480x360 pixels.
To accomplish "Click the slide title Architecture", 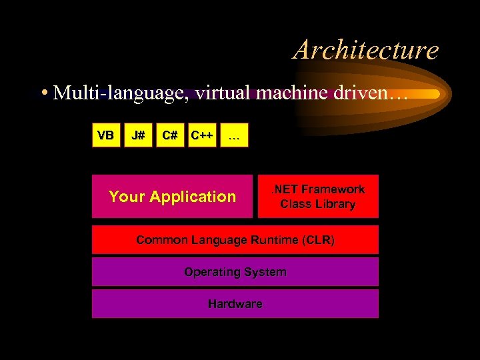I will pyautogui.click(x=366, y=50).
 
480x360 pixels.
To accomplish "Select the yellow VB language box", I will pyautogui.click(x=105, y=135).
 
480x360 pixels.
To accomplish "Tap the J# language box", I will pyautogui.click(x=138, y=135).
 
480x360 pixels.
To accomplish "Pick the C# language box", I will pyautogui.click(x=170, y=135).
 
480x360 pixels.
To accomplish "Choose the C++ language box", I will pyautogui.click(x=202, y=135).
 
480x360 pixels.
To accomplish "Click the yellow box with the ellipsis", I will pyautogui.click(x=234, y=135).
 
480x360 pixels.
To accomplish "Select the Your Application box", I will pyautogui.click(x=172, y=197).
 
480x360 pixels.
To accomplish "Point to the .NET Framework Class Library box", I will pyautogui.click(x=318, y=197).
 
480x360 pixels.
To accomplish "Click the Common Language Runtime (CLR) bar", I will pyautogui.click(x=235, y=239).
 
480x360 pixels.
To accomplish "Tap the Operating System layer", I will pyautogui.click(x=235, y=272).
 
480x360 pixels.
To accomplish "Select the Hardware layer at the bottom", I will pyautogui.click(x=235, y=304).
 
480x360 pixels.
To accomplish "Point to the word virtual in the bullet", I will pyautogui.click(x=210, y=93).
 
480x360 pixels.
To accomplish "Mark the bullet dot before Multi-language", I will pyautogui.click(x=43, y=93).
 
